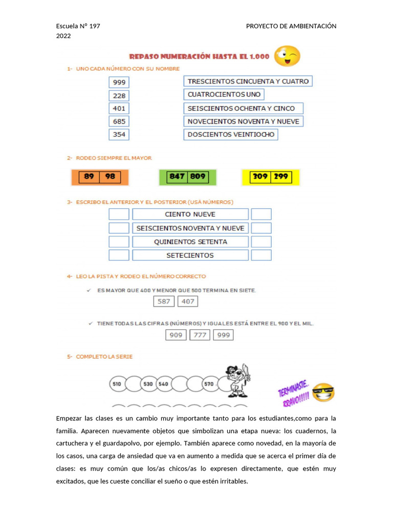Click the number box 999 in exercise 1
coord(119,82)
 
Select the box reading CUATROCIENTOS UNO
coord(224,94)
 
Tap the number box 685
coord(119,122)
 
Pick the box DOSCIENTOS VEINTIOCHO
coord(231,134)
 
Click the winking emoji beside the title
coord(287,56)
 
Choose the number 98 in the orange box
coord(110,177)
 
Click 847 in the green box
coord(178,177)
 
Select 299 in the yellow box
coord(281,177)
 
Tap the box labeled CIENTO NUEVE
coord(190,214)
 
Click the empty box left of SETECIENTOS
coord(119,255)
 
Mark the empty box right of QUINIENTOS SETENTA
coord(261,241)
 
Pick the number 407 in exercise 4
coord(188,301)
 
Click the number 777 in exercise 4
coord(200,335)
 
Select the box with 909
coord(176,335)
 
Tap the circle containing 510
coord(117,384)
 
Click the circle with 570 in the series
coord(209,384)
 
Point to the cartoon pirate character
coord(237,380)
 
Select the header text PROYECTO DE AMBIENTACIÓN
coord(291,26)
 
